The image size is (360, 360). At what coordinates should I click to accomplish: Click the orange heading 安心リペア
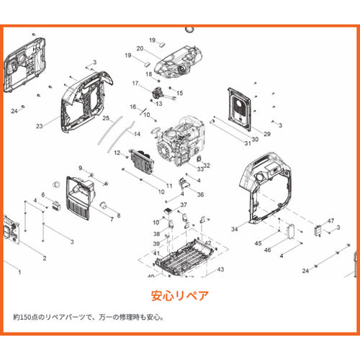(x=180, y=296)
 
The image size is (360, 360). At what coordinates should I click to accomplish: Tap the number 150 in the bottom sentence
(x=25, y=318)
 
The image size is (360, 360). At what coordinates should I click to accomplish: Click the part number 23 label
(x=40, y=126)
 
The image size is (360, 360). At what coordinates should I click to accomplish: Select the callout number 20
(x=140, y=48)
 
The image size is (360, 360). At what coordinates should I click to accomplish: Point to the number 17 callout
(x=135, y=84)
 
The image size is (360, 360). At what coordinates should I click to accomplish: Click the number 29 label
(x=267, y=134)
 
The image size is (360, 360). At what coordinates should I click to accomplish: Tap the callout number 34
(x=235, y=229)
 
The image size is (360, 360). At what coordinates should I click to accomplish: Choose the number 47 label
(x=330, y=221)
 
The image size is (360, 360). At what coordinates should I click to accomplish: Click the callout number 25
(x=106, y=118)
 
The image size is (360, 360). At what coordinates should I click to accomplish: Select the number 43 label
(x=220, y=269)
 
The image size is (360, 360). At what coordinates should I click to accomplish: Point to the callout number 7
(x=112, y=219)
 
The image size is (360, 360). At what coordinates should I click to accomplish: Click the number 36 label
(x=200, y=194)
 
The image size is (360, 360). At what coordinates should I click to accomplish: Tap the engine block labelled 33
(x=180, y=142)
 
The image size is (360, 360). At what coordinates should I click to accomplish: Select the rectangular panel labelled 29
(x=240, y=109)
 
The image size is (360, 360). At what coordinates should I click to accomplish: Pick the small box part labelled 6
(x=56, y=206)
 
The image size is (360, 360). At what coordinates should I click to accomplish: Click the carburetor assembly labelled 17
(x=162, y=94)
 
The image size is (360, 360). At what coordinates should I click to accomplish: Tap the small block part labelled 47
(x=318, y=230)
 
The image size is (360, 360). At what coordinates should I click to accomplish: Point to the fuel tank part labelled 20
(x=178, y=62)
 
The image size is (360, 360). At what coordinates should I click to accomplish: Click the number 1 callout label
(x=19, y=272)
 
